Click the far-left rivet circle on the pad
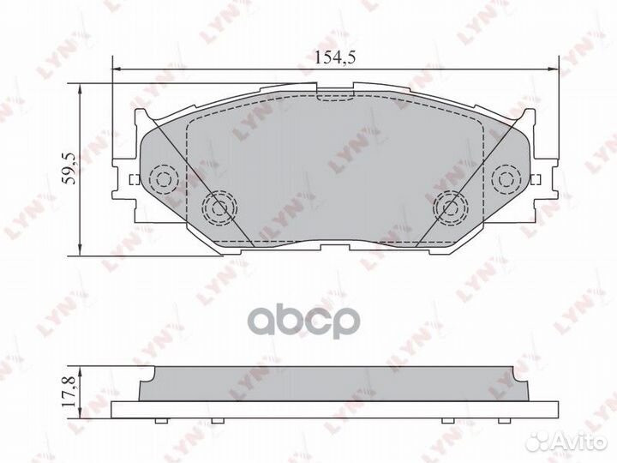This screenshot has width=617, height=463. [161, 178]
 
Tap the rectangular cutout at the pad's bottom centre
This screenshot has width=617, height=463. [336, 247]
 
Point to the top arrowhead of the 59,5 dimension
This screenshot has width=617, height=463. [81, 87]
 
